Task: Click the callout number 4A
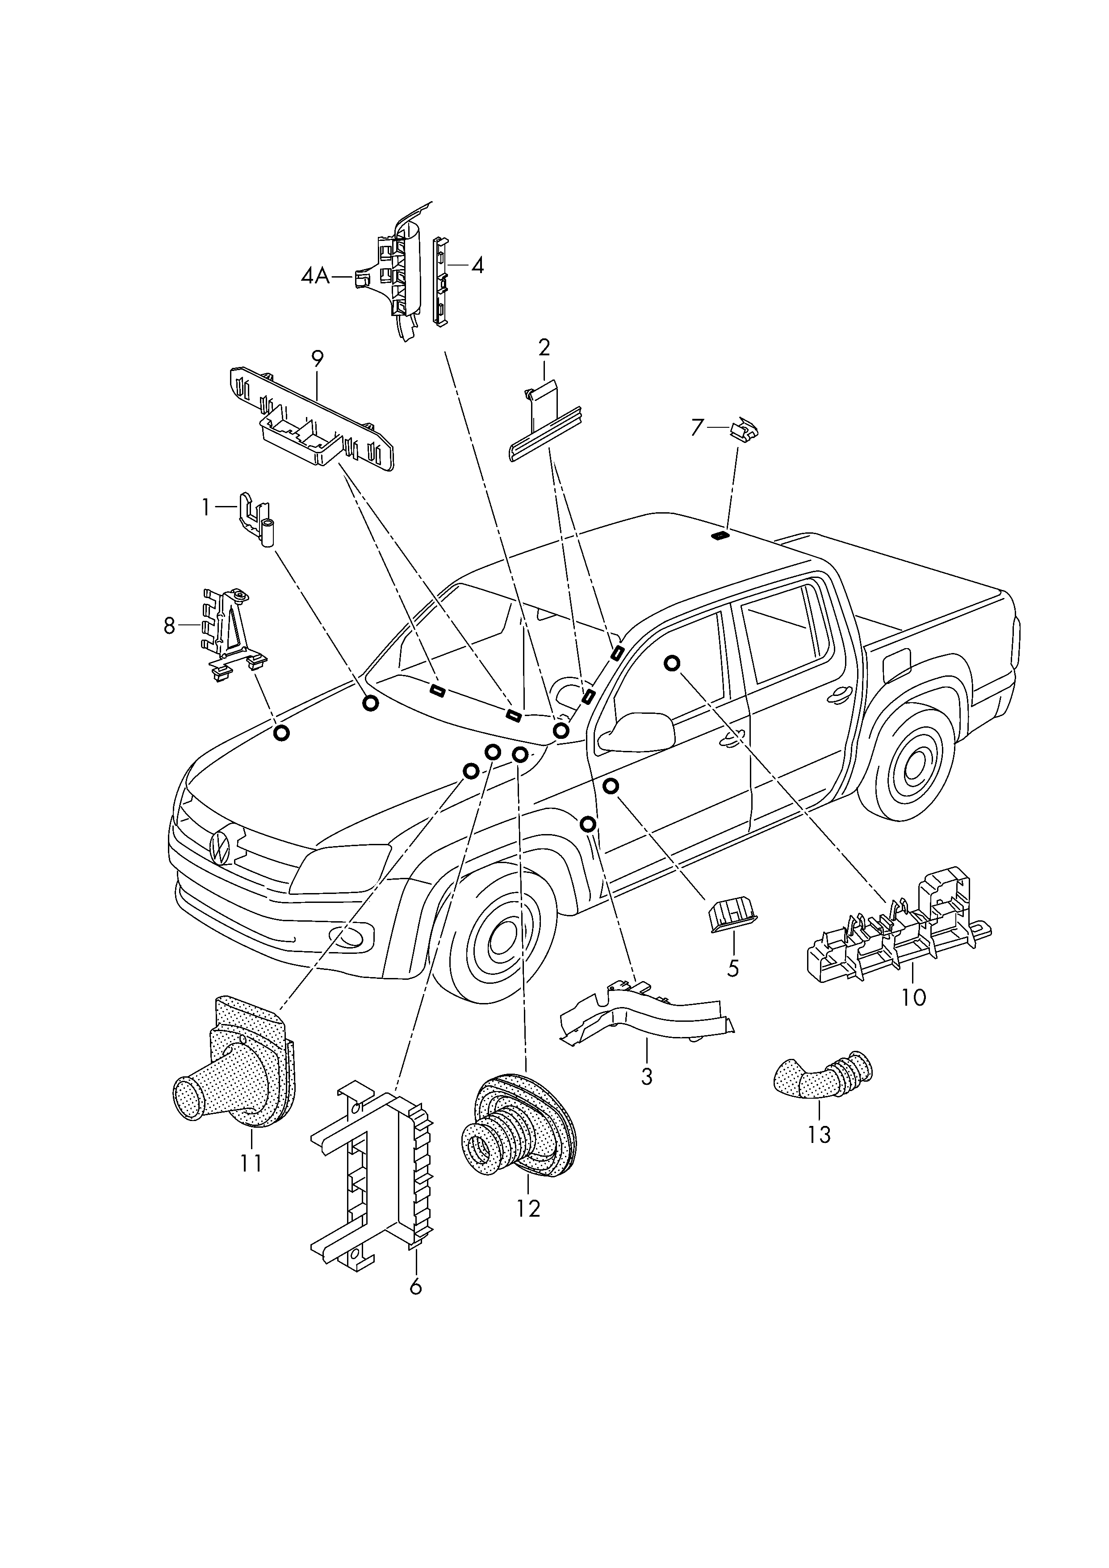315,277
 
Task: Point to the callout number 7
697,428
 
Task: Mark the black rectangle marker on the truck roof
719,536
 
